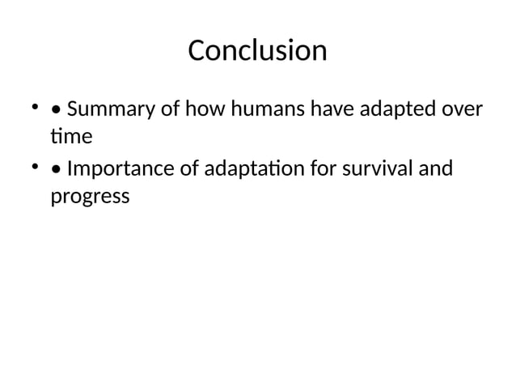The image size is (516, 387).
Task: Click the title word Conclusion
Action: tap(257, 50)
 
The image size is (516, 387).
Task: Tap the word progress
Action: tap(90, 197)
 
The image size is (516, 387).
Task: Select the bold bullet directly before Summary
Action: tap(55, 109)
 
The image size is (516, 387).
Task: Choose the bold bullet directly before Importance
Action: tap(55, 171)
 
